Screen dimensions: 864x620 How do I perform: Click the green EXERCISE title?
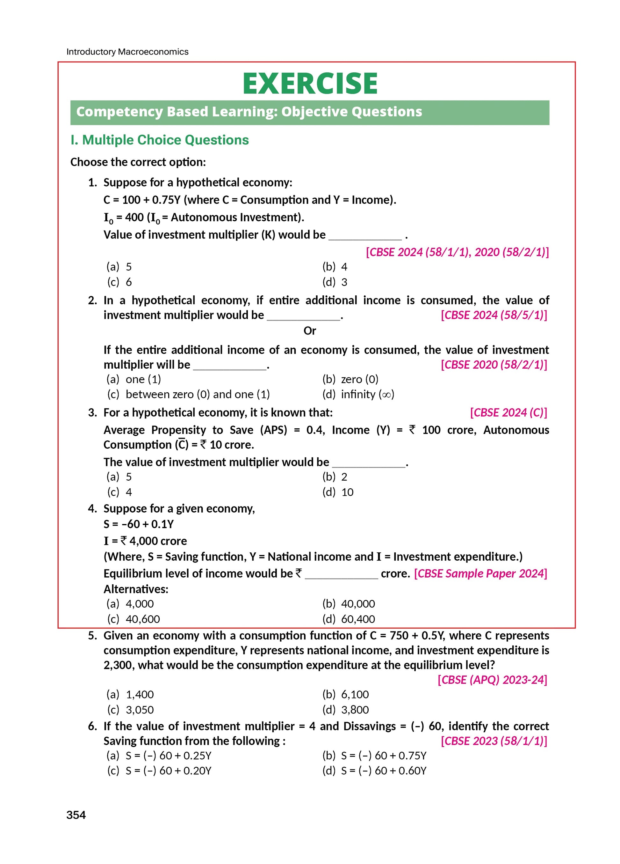click(x=310, y=84)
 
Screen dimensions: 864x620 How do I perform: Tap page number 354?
click(x=76, y=815)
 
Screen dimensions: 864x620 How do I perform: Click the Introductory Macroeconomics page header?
click(x=127, y=52)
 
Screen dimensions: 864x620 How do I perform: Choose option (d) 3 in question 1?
click(x=335, y=282)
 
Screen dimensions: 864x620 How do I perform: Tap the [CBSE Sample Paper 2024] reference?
click(x=480, y=573)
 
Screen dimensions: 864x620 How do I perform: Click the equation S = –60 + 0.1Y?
click(x=139, y=524)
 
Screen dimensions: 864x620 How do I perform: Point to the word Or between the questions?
click(x=310, y=331)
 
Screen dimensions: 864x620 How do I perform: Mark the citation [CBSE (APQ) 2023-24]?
click(x=492, y=680)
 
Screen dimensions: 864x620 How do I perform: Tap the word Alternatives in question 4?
click(x=136, y=589)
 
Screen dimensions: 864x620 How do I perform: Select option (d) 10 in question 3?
click(x=338, y=492)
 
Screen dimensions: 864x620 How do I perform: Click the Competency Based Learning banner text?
click(x=249, y=112)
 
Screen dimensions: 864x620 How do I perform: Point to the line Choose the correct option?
click(x=138, y=162)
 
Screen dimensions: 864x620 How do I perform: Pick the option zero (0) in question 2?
click(x=350, y=380)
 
